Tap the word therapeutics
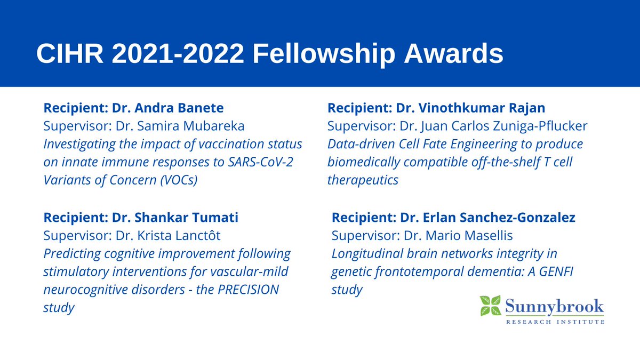click(363, 180)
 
